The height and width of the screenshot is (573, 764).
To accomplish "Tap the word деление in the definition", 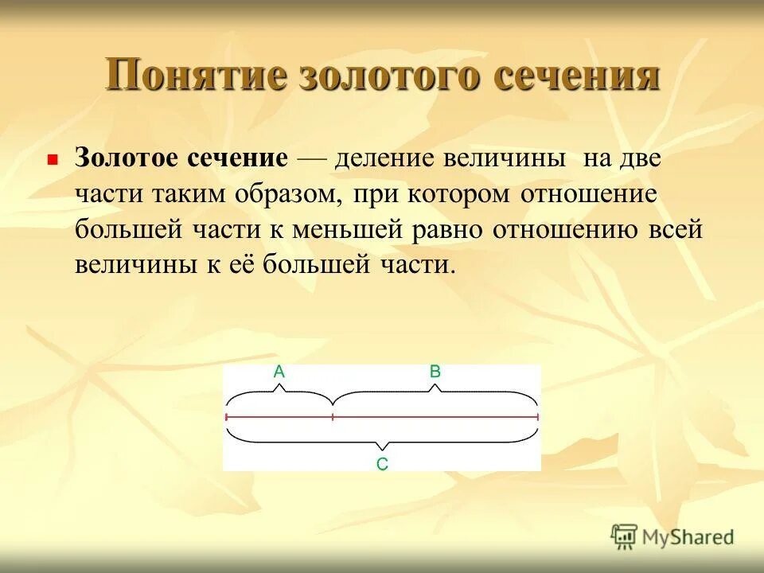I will (x=380, y=157).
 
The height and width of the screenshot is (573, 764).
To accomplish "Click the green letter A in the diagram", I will (x=279, y=371).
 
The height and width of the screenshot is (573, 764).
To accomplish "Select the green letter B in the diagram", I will (x=435, y=371).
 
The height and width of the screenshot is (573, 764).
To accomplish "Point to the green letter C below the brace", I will (x=382, y=464).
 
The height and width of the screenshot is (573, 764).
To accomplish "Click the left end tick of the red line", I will (x=227, y=416).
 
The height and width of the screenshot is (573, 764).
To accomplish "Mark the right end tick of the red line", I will (x=537, y=416).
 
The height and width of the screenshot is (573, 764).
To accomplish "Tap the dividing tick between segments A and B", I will (x=333, y=416).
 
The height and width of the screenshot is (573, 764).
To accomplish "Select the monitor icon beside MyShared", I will (x=624, y=536).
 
